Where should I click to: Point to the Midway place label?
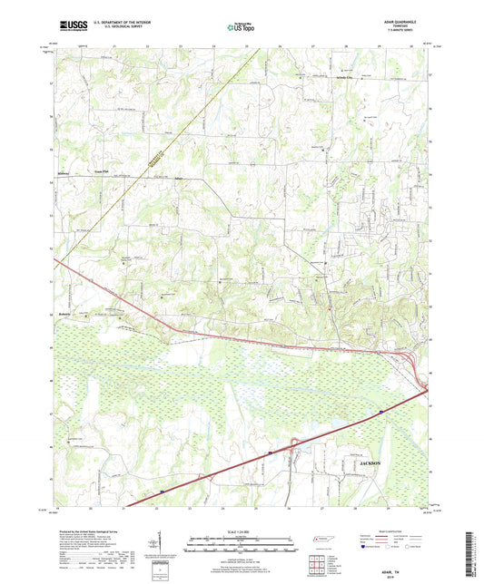[x=63, y=169]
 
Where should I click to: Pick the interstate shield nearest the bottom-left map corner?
[x=161, y=493]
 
